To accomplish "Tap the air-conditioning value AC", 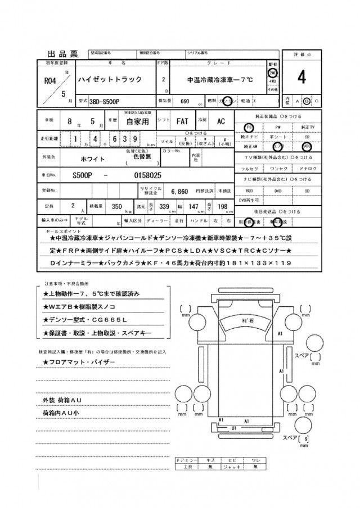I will [x=221, y=121].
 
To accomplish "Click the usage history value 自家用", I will [x=137, y=121].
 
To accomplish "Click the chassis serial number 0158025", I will [x=148, y=175].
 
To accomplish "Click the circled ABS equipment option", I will [x=307, y=145].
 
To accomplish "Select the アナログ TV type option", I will [x=307, y=169].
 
